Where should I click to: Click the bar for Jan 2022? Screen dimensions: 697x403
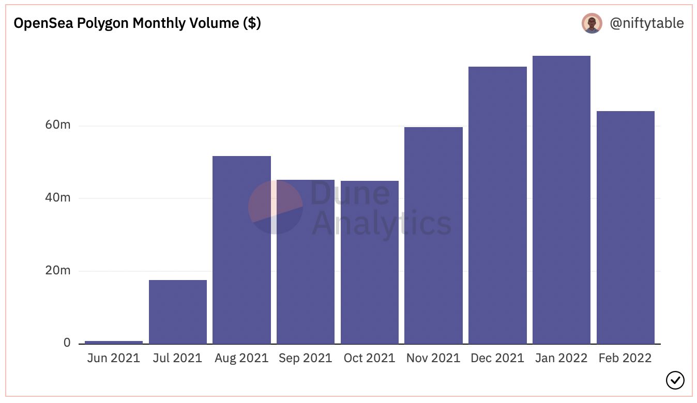point(562,199)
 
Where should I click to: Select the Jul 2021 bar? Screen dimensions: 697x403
point(178,312)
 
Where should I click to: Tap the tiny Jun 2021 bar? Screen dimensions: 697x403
point(114,343)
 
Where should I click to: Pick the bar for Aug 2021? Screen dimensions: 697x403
point(242,250)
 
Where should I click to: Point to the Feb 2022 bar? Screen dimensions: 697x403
point(626,227)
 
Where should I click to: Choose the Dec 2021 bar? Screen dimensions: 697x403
point(497,205)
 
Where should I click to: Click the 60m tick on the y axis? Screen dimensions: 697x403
point(58,125)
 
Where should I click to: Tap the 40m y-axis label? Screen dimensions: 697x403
point(58,198)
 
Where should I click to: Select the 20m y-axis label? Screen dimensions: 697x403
point(58,271)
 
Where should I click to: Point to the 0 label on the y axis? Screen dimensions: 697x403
point(67,343)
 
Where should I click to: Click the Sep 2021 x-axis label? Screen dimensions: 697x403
point(305,358)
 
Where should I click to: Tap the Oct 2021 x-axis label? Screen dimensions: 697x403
point(369,358)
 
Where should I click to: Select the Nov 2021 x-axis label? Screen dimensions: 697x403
point(433,358)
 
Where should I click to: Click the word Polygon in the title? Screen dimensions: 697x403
point(103,24)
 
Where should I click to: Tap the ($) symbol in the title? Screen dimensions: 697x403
point(252,23)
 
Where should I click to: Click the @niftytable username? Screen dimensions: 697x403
point(647,24)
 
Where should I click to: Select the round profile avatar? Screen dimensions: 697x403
point(592,23)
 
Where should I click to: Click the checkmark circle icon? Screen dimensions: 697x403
point(675,380)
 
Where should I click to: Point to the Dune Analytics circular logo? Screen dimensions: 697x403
point(276,207)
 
